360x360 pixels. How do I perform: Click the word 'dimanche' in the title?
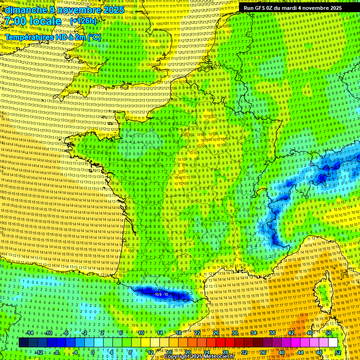tap(26, 9)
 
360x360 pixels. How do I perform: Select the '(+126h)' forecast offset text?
tap(83, 21)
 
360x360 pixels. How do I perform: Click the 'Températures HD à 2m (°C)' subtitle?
tap(52, 37)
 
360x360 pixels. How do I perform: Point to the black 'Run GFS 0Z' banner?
tap(293, 8)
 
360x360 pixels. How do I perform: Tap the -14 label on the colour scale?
tap(29, 333)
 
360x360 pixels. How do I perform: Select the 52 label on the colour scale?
tap(338, 352)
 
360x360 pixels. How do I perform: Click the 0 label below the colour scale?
tap(92, 352)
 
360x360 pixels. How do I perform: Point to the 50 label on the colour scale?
tap(329, 333)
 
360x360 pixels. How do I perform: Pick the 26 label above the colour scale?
tap(216, 333)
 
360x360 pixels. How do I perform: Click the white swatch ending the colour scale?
tap(333, 343)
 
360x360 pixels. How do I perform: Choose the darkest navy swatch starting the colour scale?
tap(24, 343)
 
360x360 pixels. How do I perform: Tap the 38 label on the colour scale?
tap(272, 333)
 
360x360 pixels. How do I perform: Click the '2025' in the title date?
tap(113, 9)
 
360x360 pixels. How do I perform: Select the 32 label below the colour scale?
tap(244, 352)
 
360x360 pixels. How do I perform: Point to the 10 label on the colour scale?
tap(141, 333)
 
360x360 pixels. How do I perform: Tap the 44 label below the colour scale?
tap(300, 352)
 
